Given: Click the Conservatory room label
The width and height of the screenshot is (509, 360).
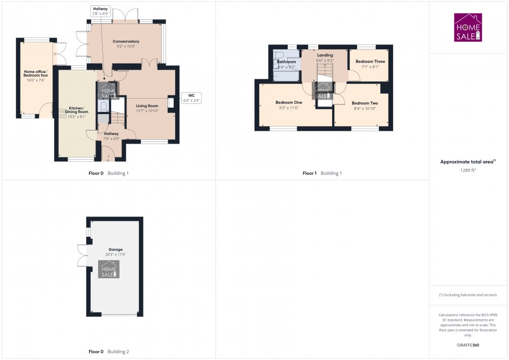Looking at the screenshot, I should point(126,41).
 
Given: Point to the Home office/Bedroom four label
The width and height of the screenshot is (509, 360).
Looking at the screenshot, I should point(35,73).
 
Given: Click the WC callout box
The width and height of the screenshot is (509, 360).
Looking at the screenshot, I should point(191,98).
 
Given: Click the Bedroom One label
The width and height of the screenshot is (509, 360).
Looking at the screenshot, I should point(289,102).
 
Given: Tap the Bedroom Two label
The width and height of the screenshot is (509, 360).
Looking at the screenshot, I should point(364,103).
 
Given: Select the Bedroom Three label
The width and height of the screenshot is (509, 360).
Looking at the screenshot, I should point(370,62).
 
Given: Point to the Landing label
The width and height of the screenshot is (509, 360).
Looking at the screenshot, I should point(325,55).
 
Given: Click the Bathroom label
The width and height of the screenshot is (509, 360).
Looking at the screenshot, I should point(286,62).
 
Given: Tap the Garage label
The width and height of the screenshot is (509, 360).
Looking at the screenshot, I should point(115,250).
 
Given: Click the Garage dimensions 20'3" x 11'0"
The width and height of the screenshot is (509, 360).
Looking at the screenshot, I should point(115,254).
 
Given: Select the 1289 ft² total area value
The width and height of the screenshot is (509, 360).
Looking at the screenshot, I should point(468,170).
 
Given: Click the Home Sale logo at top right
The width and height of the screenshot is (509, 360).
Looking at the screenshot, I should point(468,28).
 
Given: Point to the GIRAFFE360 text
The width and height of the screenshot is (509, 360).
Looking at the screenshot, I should point(468,346).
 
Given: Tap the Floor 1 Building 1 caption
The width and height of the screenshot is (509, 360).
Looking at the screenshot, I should point(322,173).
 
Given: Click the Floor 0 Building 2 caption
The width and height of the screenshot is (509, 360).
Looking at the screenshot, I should point(109,352).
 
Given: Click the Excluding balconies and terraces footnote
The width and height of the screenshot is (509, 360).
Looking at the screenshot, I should point(468,295).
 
